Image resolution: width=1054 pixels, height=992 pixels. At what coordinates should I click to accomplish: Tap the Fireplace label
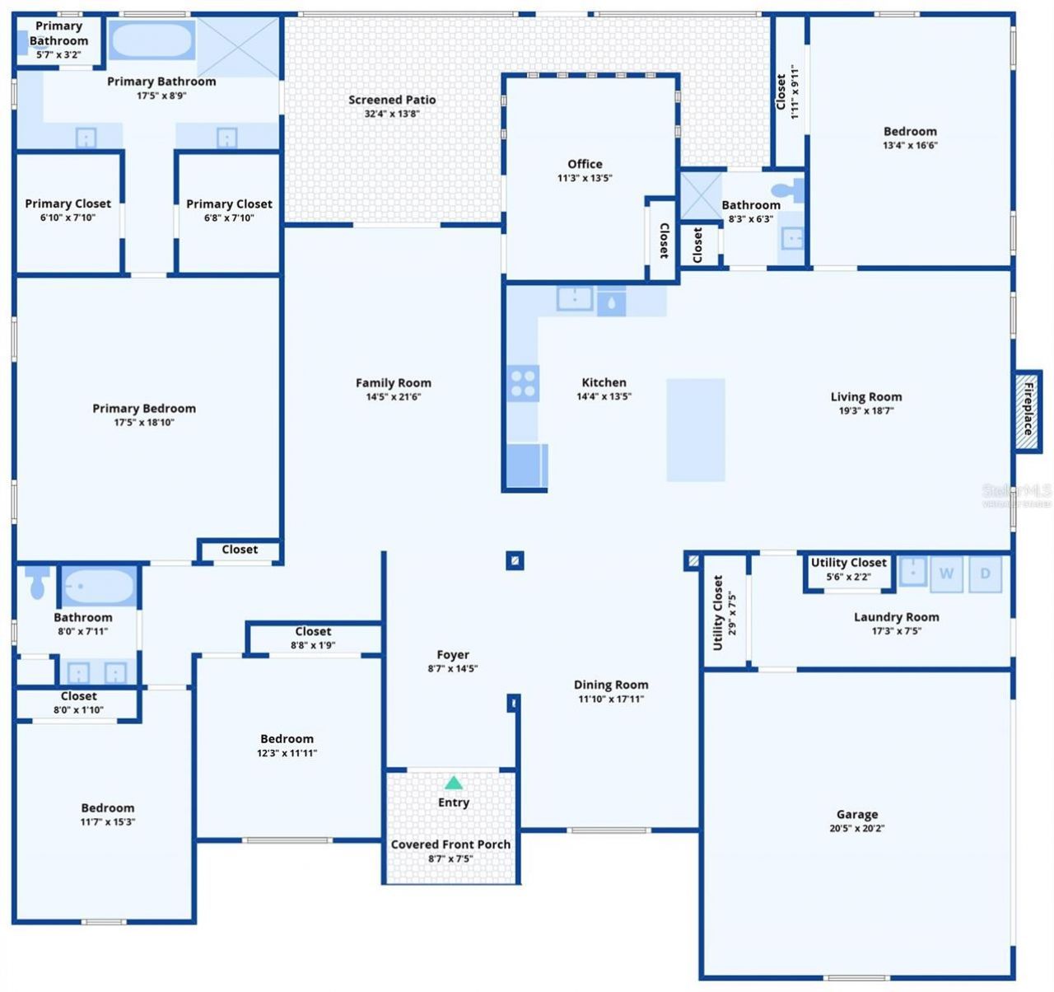[1028, 409]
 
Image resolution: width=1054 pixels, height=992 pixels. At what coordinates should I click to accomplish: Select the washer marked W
[946, 573]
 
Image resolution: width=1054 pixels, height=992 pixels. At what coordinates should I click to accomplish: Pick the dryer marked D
[985, 573]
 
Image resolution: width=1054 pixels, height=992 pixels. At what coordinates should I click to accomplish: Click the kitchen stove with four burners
[523, 383]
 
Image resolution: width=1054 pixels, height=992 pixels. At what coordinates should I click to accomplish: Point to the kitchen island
[696, 429]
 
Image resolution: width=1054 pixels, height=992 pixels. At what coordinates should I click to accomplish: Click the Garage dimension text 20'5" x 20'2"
[856, 828]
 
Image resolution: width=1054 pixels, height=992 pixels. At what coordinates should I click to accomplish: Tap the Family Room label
[394, 382]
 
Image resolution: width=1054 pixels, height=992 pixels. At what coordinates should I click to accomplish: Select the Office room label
[585, 164]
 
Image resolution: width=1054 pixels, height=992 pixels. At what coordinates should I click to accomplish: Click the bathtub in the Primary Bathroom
[152, 40]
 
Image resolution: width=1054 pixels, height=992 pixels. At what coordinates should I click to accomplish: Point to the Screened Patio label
[392, 100]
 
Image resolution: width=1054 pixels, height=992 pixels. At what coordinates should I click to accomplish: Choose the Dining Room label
[611, 685]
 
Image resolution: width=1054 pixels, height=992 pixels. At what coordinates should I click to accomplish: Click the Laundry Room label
[897, 616]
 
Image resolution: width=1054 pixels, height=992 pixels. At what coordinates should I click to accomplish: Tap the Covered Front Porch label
[450, 844]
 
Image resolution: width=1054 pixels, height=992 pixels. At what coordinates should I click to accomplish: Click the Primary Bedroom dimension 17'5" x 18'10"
[144, 422]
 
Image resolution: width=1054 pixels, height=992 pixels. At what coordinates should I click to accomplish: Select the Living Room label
[866, 396]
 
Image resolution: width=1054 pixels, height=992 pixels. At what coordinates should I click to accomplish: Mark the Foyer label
[453, 655]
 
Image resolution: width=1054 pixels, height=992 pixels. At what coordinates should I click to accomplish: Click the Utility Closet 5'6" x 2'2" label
[848, 569]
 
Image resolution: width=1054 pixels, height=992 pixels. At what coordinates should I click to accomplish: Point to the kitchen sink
[574, 298]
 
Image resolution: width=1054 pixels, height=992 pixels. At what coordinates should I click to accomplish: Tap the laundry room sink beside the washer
[912, 572]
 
